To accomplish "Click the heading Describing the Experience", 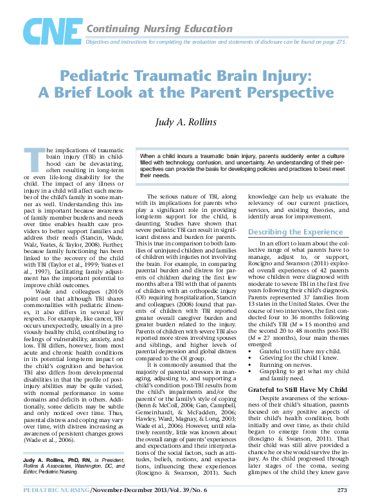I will (295, 231).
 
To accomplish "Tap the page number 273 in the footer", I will (342, 490).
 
